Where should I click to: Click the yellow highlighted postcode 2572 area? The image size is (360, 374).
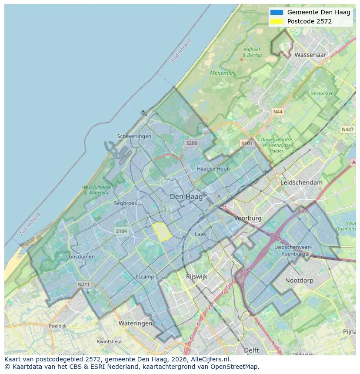coord(161,232)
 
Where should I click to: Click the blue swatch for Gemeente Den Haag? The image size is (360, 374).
coord(276,12)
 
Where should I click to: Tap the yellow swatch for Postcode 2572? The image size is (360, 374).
coord(276,21)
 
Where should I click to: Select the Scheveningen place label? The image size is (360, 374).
coord(134,136)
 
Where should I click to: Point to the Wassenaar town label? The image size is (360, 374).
coord(310,55)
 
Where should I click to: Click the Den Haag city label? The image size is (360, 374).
coord(186,197)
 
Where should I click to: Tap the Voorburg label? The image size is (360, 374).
coord(248,218)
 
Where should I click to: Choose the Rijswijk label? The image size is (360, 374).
coord(197,276)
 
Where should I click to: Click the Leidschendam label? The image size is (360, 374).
coord(302,182)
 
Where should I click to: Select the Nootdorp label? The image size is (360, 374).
coord(299,281)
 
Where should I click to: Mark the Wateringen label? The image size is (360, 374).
coord(135,324)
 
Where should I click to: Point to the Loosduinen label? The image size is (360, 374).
coord(80,257)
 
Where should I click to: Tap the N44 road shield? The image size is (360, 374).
coord(277,112)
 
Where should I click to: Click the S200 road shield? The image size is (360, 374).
coord(191,143)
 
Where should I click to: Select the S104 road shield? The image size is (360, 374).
coord(121,231)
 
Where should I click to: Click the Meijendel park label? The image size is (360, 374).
coord(222,73)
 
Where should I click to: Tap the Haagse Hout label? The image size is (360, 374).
coord(213,169)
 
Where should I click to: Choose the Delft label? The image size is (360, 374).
coord(251,350)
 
